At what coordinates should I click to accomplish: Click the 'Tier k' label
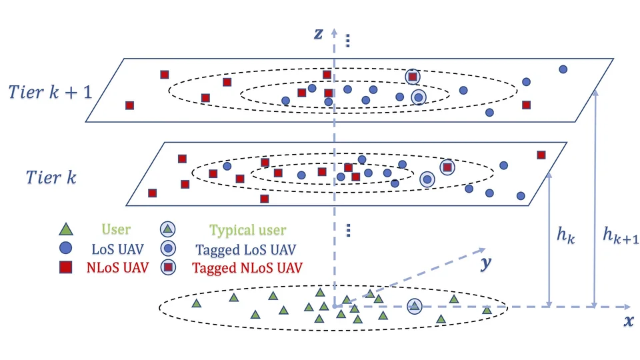click(51, 177)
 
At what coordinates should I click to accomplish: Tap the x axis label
click(628, 321)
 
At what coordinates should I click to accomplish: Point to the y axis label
click(485, 264)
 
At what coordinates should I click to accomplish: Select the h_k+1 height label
click(621, 235)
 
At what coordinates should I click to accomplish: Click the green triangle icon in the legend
click(65, 230)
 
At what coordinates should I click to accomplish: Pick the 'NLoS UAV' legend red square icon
click(65, 268)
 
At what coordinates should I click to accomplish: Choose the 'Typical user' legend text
click(247, 231)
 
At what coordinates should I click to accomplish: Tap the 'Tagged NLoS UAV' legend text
click(247, 269)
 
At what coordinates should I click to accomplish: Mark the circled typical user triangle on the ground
click(414, 306)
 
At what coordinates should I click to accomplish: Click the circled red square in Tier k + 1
click(413, 77)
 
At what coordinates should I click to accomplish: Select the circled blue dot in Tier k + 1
click(418, 98)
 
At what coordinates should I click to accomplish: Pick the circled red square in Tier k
click(447, 167)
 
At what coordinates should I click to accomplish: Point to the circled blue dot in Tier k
click(427, 179)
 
